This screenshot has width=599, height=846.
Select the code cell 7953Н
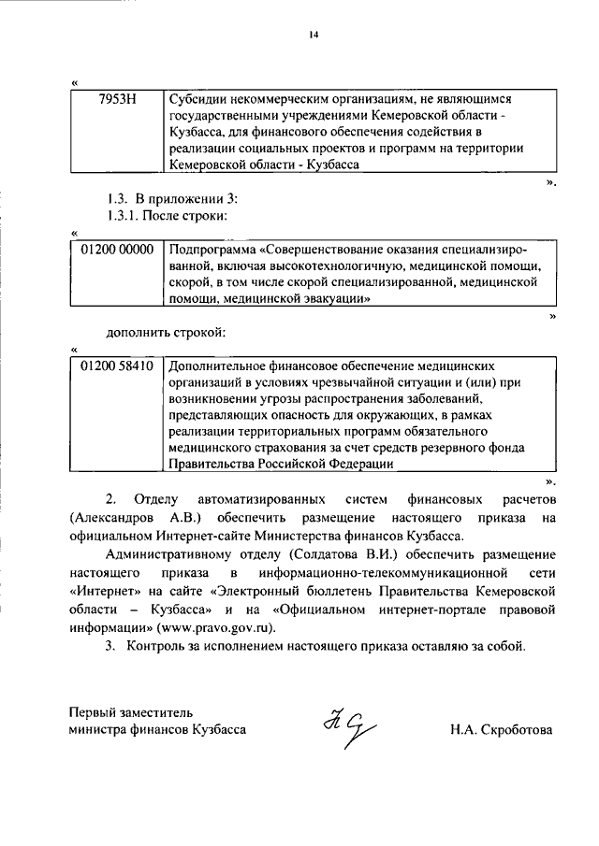(117, 98)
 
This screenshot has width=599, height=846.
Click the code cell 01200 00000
(117, 250)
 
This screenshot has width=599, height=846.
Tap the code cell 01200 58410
(117, 366)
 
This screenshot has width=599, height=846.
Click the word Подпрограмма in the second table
(212, 250)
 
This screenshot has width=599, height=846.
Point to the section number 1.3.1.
(121, 217)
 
